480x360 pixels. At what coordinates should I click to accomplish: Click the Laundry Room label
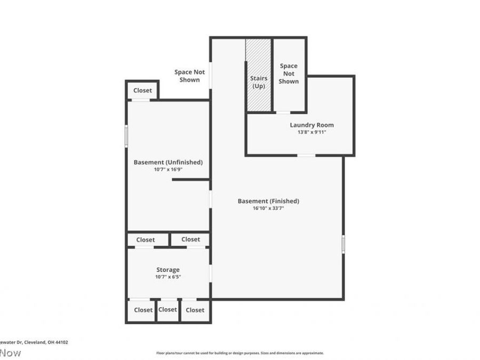tap(311, 125)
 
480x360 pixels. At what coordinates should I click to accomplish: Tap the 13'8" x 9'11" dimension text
tap(311, 132)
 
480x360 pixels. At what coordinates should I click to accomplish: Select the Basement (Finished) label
tap(268, 201)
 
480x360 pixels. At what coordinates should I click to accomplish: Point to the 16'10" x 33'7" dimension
tap(268, 209)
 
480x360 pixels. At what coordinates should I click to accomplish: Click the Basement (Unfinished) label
tap(168, 162)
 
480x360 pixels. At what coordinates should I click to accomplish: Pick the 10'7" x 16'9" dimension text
tap(168, 170)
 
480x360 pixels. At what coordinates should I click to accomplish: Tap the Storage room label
tap(168, 270)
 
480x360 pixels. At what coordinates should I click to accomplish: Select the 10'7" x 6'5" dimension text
tap(168, 277)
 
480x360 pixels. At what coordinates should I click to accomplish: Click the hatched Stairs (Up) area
tap(259, 75)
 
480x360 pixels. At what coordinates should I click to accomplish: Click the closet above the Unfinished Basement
tap(142, 90)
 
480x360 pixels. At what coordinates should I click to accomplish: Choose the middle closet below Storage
tap(167, 310)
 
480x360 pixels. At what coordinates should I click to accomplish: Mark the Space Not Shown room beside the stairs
tap(289, 74)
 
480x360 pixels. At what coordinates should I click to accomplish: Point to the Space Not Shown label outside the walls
tap(189, 76)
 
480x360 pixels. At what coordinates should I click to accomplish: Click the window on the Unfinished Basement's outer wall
tap(126, 135)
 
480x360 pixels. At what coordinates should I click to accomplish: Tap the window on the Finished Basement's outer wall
tap(343, 244)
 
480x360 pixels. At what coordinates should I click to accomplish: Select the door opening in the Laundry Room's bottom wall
tap(306, 155)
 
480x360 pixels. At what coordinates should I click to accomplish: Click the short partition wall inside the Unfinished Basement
tap(190, 180)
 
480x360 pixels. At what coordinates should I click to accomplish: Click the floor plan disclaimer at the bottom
tap(239, 353)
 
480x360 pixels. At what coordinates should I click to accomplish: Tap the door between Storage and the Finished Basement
tap(211, 274)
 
